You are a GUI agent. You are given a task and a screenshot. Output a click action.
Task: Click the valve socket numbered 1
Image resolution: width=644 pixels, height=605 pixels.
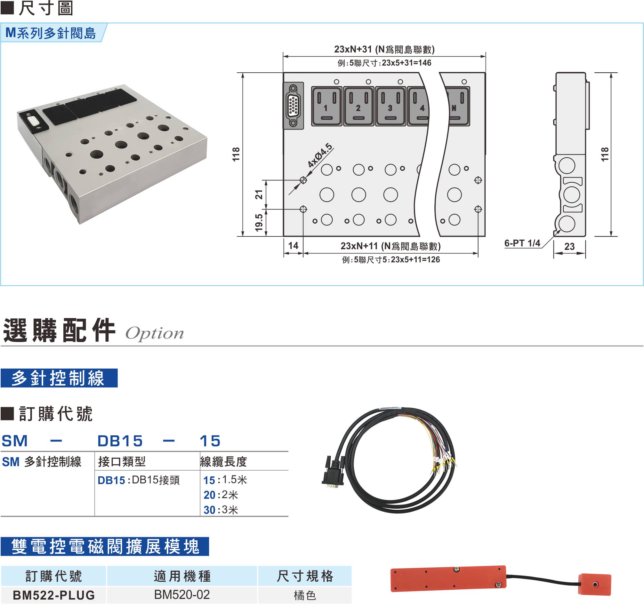326,106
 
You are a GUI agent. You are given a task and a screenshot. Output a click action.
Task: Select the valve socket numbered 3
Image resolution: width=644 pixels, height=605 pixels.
390,106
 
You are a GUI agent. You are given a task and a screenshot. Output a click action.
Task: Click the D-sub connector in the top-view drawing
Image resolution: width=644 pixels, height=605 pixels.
293,106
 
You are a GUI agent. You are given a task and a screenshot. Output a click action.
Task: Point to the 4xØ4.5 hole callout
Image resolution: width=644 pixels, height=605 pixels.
320,155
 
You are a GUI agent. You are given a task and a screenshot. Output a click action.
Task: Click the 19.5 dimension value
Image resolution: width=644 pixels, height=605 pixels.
259,223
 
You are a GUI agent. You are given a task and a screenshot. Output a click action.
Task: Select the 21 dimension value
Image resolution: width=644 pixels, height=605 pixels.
259,195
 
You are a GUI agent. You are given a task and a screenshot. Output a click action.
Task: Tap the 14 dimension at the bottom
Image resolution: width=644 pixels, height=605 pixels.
293,245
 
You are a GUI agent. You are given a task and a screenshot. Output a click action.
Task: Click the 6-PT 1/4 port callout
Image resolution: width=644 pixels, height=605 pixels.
522,243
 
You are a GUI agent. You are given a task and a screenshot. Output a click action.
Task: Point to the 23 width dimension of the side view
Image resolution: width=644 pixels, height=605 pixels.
569,246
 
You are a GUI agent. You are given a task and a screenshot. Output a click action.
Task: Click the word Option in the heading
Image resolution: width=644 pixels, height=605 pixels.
155,334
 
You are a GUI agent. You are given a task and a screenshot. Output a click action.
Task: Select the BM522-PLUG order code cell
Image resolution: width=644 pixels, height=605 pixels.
54,595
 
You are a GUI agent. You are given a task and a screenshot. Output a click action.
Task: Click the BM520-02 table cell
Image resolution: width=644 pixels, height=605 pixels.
182,595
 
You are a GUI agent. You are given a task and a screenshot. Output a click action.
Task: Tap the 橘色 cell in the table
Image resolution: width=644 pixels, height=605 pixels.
304,595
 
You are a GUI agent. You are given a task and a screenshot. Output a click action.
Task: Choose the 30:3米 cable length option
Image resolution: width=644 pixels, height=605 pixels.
221,510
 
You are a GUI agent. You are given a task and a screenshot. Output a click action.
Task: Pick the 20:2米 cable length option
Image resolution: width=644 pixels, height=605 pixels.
221,495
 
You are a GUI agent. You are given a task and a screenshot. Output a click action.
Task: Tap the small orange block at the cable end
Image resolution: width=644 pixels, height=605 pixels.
595,584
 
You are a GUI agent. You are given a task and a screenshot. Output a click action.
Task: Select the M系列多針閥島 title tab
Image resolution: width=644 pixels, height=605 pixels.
51,33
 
